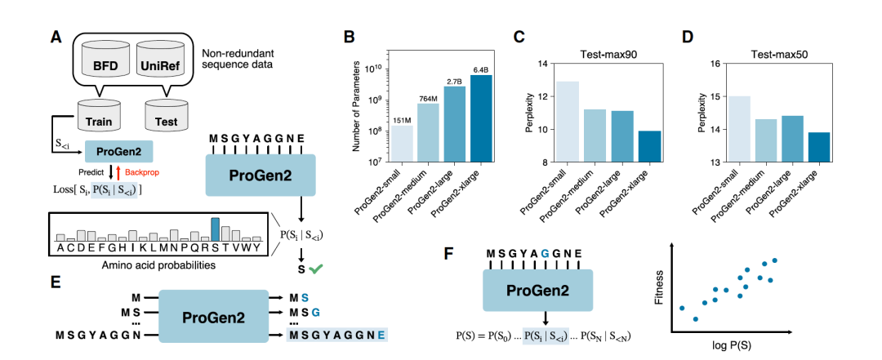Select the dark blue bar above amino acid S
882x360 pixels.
216,229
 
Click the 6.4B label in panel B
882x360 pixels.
479,69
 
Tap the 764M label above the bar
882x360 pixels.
427,98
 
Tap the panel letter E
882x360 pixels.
55,280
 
